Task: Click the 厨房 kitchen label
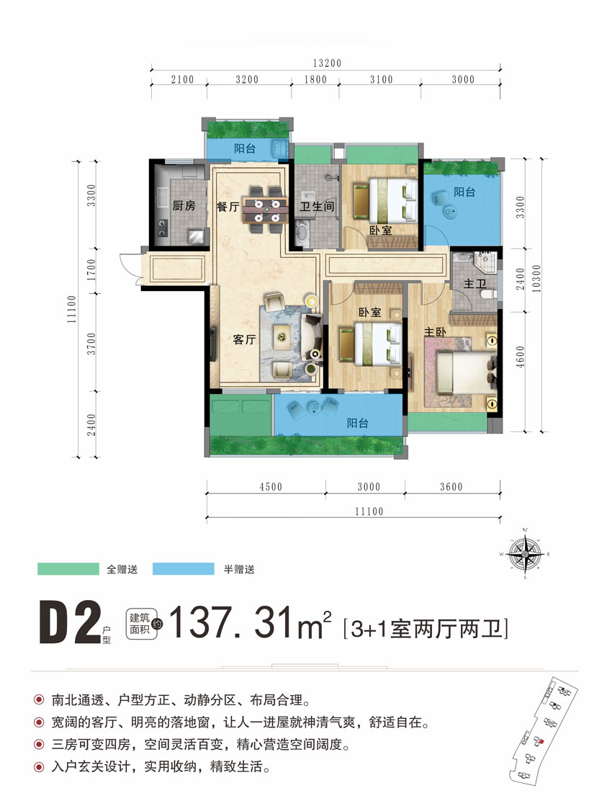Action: [184, 206]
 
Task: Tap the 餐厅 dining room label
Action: [227, 206]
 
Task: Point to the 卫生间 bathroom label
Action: [317, 206]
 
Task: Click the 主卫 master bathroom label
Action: [473, 285]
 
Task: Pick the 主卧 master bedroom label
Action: [434, 333]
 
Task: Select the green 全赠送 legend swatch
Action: [67, 569]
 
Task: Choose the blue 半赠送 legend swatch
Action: [184, 569]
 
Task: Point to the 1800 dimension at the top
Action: [315, 80]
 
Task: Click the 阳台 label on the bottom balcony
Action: [357, 424]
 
